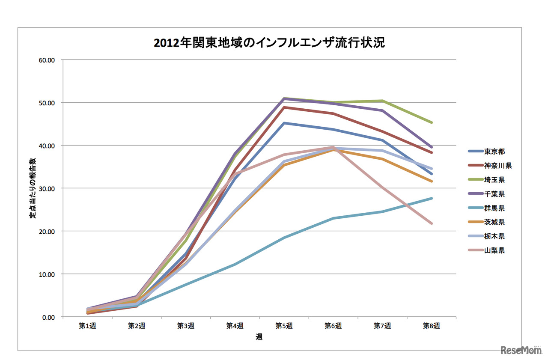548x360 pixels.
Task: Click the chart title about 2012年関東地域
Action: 270,43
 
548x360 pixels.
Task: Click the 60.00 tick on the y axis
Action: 47,60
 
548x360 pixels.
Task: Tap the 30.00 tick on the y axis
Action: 47,188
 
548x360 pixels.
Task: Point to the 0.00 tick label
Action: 48,317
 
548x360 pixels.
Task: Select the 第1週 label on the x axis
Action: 87,326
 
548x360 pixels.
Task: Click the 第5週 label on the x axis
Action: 284,326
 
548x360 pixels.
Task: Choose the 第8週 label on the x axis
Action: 432,326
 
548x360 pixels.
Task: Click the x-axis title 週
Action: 259,337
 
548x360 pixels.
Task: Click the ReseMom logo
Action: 521,350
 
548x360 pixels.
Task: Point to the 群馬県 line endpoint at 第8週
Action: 432,198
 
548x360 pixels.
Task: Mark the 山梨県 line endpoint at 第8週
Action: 432,223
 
